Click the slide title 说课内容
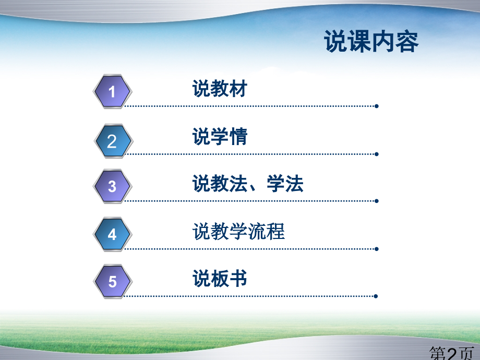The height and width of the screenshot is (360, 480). click(371, 41)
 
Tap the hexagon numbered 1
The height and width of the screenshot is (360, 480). click(112, 91)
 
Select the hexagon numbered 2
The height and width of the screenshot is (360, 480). click(113, 141)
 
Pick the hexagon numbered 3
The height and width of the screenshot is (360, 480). click(112, 186)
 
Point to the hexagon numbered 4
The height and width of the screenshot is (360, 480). click(112, 234)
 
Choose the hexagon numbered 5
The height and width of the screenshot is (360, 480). click(113, 281)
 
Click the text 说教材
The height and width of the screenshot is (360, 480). click(220, 89)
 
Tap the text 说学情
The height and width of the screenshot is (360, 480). click(220, 136)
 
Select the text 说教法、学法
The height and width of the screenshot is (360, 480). click(248, 184)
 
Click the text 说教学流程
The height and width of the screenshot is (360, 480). click(238, 232)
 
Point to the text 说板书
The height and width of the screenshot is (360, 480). click(220, 279)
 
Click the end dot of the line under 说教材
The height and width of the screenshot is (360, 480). click(377, 106)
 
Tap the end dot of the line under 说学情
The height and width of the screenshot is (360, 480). click(377, 154)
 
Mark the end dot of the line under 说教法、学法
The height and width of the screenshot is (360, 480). click(377, 201)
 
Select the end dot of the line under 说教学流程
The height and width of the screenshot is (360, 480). click(377, 249)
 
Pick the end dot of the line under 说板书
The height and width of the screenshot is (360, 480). click(376, 296)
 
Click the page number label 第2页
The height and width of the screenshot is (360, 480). click(452, 353)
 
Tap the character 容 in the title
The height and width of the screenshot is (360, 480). click(407, 41)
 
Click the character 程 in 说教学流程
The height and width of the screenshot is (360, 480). click(276, 232)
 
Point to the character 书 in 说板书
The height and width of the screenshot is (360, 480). click(238, 279)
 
